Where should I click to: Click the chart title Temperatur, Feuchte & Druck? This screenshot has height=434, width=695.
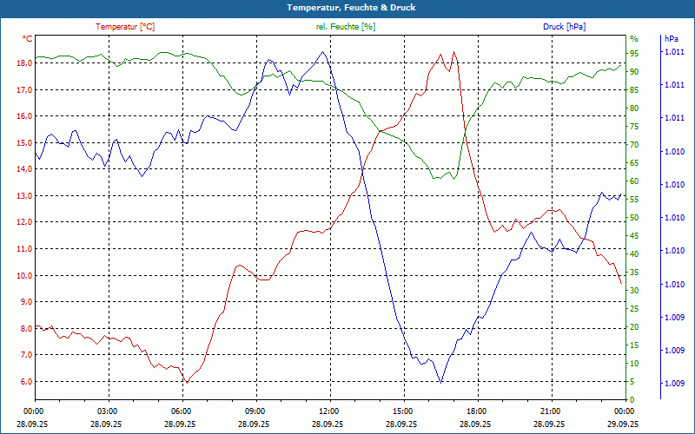pyautogui.click(x=347, y=8)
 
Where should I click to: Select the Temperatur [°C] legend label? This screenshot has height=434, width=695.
pyautogui.click(x=125, y=27)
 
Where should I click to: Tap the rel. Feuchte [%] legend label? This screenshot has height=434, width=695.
pyautogui.click(x=346, y=27)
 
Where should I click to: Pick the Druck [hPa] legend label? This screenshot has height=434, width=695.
pyautogui.click(x=564, y=27)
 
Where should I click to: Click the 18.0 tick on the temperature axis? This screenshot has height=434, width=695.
pyautogui.click(x=23, y=63)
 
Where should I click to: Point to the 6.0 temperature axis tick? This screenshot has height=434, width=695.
pyautogui.click(x=23, y=382)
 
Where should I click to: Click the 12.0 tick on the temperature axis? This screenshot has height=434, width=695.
pyautogui.click(x=23, y=222)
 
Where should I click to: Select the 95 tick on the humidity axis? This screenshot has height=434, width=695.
pyautogui.click(x=634, y=54)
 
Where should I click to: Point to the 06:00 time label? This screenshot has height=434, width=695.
pyautogui.click(x=181, y=411)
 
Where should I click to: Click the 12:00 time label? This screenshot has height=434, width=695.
pyautogui.click(x=328, y=411)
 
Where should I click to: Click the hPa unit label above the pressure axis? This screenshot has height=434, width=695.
pyautogui.click(x=671, y=39)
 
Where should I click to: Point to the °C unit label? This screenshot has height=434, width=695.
pyautogui.click(x=28, y=39)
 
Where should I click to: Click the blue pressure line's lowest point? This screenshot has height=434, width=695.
pyautogui.click(x=441, y=382)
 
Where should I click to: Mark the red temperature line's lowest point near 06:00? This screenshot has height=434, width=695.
pyautogui.click(x=186, y=382)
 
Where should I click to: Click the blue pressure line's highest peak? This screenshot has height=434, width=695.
pyautogui.click(x=323, y=51)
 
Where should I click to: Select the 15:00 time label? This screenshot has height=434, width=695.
pyautogui.click(x=402, y=411)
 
